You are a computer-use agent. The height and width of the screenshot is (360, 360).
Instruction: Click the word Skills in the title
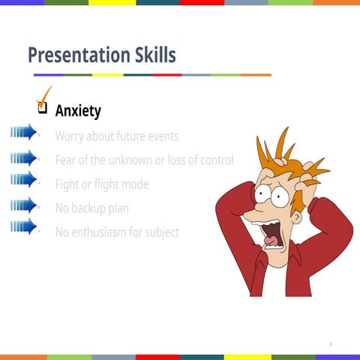click(152, 55)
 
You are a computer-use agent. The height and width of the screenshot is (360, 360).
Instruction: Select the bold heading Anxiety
click(78, 111)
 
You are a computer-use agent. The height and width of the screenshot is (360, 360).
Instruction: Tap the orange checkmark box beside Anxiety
click(43, 105)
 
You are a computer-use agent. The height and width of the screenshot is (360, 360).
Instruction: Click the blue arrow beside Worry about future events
click(24, 133)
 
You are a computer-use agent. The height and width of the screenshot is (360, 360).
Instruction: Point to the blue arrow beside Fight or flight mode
click(24, 180)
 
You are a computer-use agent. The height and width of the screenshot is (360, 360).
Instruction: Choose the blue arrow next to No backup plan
click(24, 204)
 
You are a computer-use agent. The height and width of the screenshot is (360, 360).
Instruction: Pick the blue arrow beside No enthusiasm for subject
click(24, 227)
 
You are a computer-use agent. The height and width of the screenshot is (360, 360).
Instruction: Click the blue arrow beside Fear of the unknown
click(24, 157)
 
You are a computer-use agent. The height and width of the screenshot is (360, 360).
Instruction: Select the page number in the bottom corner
click(330, 343)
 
